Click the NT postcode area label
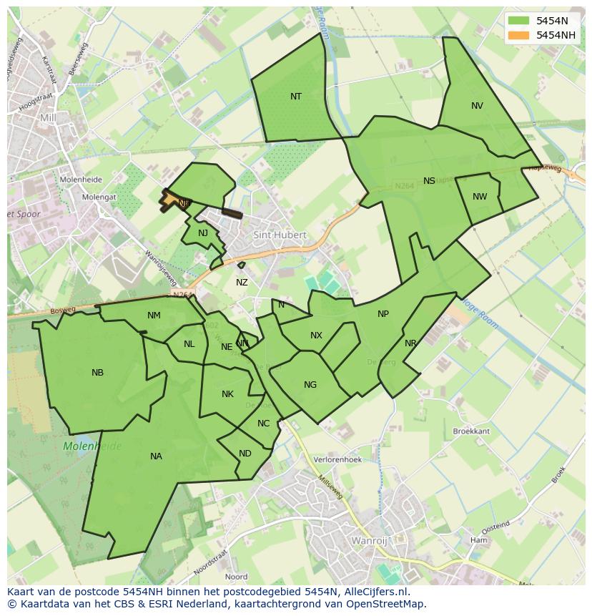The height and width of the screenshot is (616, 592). [x=296, y=97]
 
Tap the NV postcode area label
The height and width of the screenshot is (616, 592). [x=477, y=106]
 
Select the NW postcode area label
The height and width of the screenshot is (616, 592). [x=480, y=197]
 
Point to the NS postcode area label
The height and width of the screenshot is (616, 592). [x=429, y=181]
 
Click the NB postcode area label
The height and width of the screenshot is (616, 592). [x=98, y=373]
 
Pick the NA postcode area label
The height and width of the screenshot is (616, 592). [x=156, y=456]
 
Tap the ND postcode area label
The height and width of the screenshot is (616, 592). [x=245, y=454]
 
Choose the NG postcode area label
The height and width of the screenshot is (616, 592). [x=310, y=385]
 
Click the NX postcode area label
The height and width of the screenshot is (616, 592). [x=316, y=336]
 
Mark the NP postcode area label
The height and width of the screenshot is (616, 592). [x=383, y=314]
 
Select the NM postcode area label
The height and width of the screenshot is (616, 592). [x=154, y=316]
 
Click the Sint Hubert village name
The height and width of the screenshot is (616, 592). [x=280, y=235]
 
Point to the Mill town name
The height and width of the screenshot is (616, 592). [x=48, y=117]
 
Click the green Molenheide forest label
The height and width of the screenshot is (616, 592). [x=93, y=446]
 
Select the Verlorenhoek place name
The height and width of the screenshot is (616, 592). [x=338, y=460]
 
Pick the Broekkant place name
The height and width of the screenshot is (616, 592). [x=471, y=431]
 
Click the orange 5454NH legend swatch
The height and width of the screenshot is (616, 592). [x=519, y=35]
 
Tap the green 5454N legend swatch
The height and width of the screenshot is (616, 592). [x=519, y=21]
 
